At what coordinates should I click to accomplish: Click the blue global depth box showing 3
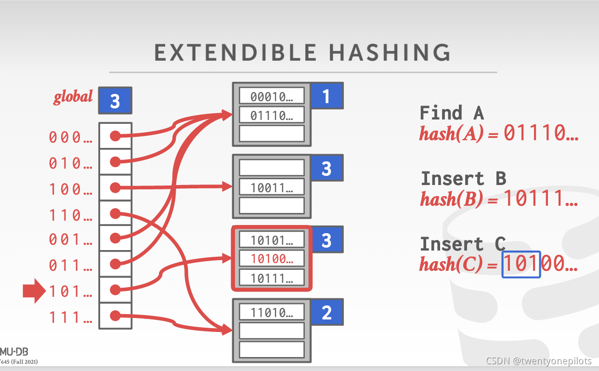click(115, 101)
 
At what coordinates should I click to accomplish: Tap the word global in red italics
click(73, 97)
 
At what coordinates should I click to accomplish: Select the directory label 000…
click(71, 137)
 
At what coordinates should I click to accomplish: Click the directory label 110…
click(71, 215)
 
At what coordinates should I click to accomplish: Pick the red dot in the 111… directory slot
click(115, 316)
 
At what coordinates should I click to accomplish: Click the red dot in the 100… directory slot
click(115, 187)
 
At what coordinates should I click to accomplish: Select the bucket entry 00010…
click(272, 96)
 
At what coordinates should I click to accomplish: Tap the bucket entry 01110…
click(272, 115)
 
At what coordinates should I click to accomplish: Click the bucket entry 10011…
click(272, 187)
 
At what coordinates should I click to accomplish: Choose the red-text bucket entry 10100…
click(272, 259)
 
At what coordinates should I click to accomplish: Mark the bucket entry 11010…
click(272, 313)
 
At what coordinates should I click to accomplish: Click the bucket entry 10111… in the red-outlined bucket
click(272, 278)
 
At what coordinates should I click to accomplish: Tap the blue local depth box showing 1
click(326, 96)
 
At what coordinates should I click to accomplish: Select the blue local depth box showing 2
click(326, 313)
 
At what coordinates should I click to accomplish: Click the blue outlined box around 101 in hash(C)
click(521, 265)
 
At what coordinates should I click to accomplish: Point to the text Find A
click(451, 113)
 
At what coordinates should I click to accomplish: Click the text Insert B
click(463, 179)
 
